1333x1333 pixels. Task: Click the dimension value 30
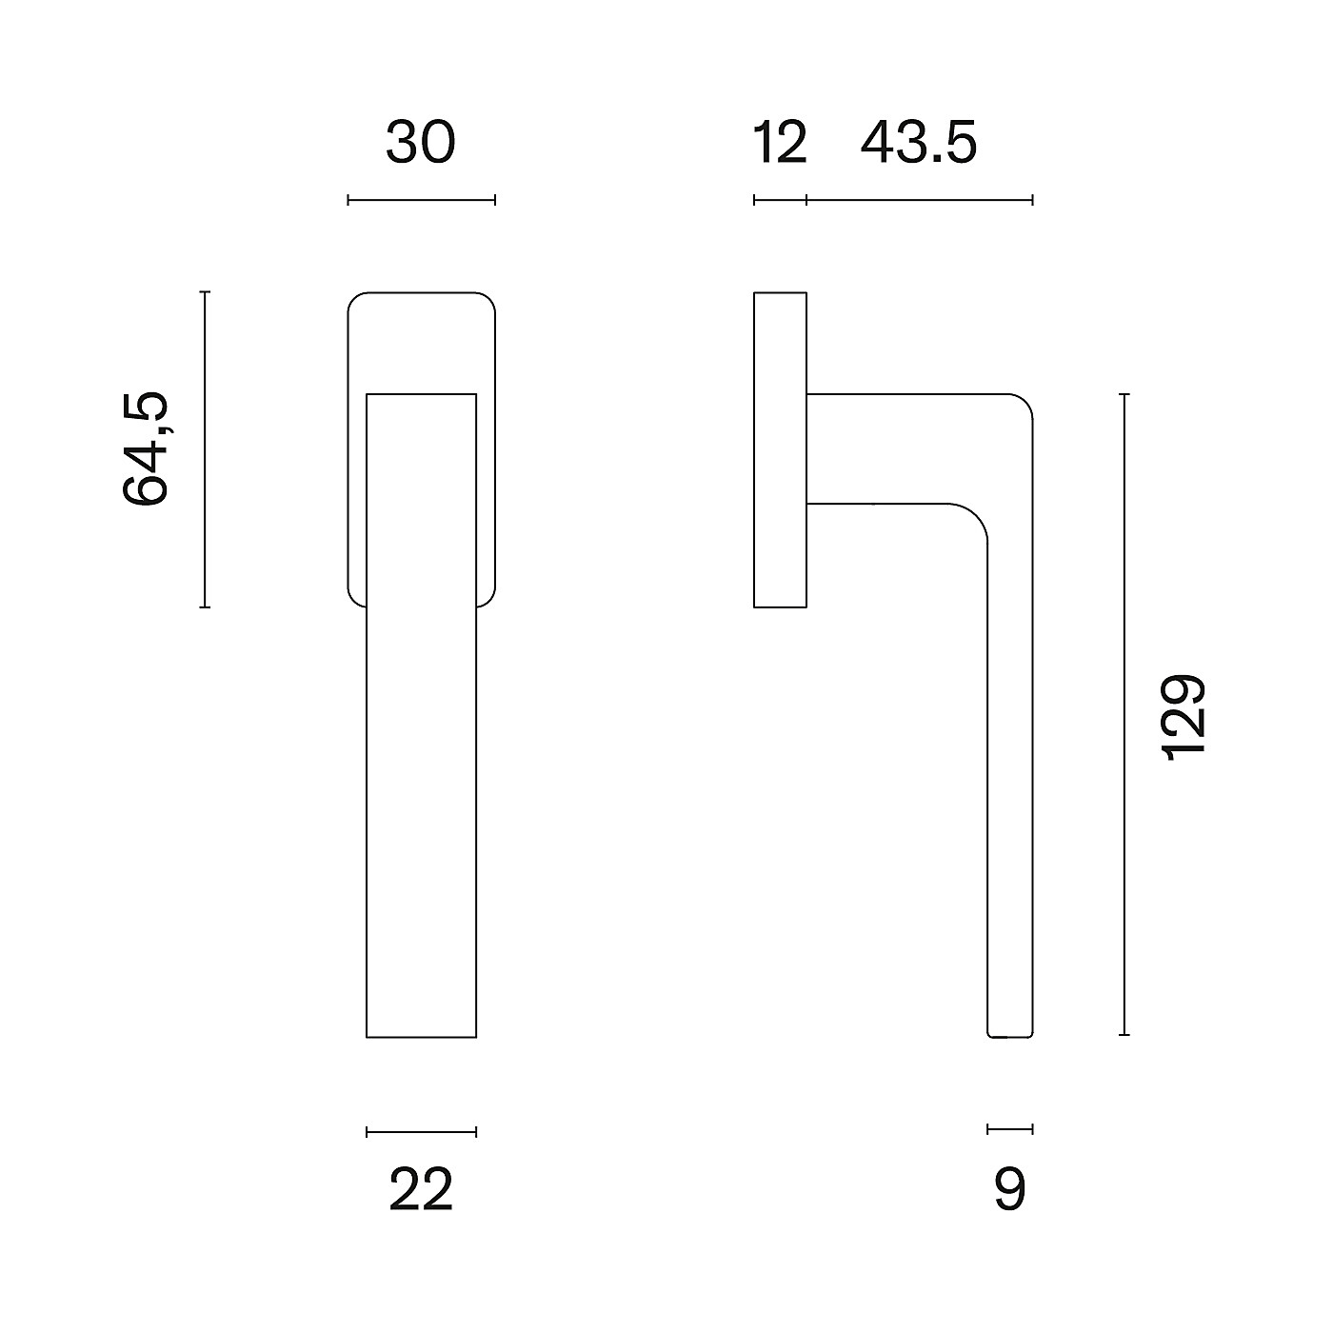[x=421, y=143]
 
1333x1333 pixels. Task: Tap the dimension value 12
[x=780, y=143]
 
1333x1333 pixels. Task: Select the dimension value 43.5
[x=919, y=143]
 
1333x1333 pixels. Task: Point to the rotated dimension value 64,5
[x=146, y=449]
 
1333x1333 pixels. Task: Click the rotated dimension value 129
[x=1184, y=717]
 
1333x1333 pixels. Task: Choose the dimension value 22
[x=421, y=1190]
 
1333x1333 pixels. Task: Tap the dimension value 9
[x=1010, y=1190]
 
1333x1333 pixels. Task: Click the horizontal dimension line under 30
[x=421, y=201]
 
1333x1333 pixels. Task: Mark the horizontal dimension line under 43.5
[x=920, y=201]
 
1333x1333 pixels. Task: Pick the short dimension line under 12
[x=781, y=201]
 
